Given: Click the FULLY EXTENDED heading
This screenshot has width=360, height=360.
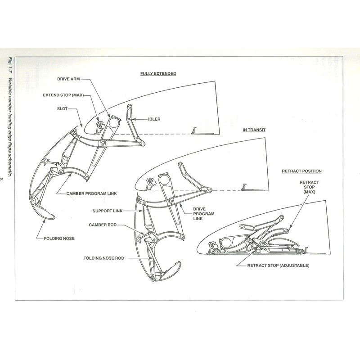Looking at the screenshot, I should pyautogui.click(x=158, y=73).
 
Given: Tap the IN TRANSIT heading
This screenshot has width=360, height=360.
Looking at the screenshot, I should pyautogui.click(x=254, y=130).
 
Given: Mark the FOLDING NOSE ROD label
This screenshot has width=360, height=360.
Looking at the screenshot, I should pyautogui.click(x=104, y=258).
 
